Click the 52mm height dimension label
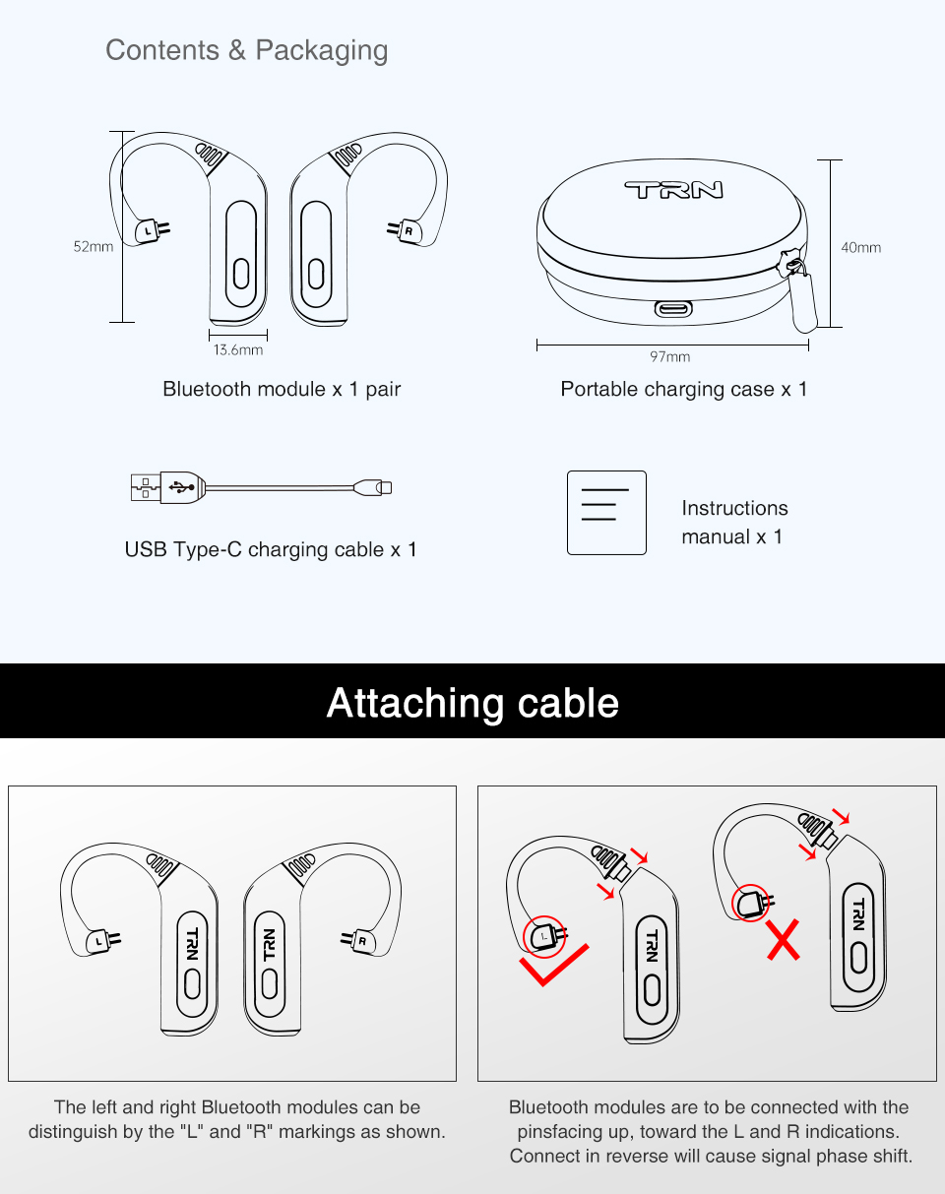[94, 247]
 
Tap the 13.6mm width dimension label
[238, 349]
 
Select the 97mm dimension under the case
[669, 356]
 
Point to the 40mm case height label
[860, 247]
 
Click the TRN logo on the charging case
[673, 190]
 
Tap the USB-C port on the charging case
[673, 309]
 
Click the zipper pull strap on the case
[804, 299]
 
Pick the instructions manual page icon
[606, 513]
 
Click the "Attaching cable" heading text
[472, 703]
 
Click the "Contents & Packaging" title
[246, 50]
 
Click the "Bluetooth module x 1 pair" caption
[282, 389]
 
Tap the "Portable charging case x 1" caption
[683, 389]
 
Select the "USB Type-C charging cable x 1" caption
[271, 549]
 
